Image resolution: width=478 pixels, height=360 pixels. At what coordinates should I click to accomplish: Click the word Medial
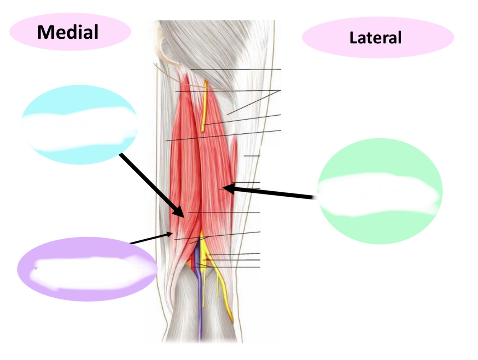point(68,32)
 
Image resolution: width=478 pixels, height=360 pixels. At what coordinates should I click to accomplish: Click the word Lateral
point(375,38)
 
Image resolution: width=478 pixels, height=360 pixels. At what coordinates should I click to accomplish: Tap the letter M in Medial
point(45,32)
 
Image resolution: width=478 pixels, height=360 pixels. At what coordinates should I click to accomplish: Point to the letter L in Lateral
point(353,38)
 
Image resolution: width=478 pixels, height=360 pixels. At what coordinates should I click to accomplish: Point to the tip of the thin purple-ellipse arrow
point(172,234)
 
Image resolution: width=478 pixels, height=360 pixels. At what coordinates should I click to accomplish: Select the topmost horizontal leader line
point(236,69)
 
